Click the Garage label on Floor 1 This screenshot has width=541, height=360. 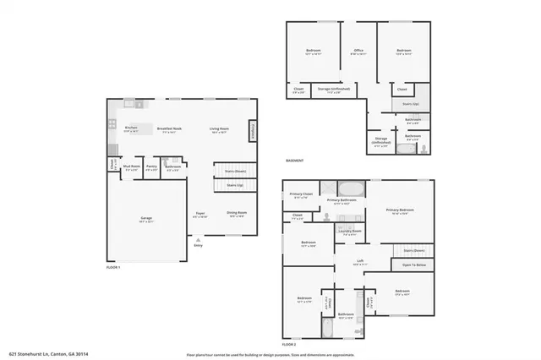tap(146, 219)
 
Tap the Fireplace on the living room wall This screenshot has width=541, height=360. tap(252, 131)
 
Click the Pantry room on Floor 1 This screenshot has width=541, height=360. tap(151, 168)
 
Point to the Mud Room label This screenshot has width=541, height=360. tap(131, 168)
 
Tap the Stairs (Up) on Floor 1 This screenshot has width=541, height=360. tap(235, 184)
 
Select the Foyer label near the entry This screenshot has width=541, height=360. tap(199, 214)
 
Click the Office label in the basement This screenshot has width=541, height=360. tap(358, 52)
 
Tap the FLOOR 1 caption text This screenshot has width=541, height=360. tap(113, 267)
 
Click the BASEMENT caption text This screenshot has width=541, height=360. tap(294, 161)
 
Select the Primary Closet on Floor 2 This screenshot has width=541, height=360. tap(301, 195)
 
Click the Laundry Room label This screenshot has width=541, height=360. tap(350, 231)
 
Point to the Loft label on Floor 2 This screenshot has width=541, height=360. tap(360, 261)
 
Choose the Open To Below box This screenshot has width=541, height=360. tap(413, 265)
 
